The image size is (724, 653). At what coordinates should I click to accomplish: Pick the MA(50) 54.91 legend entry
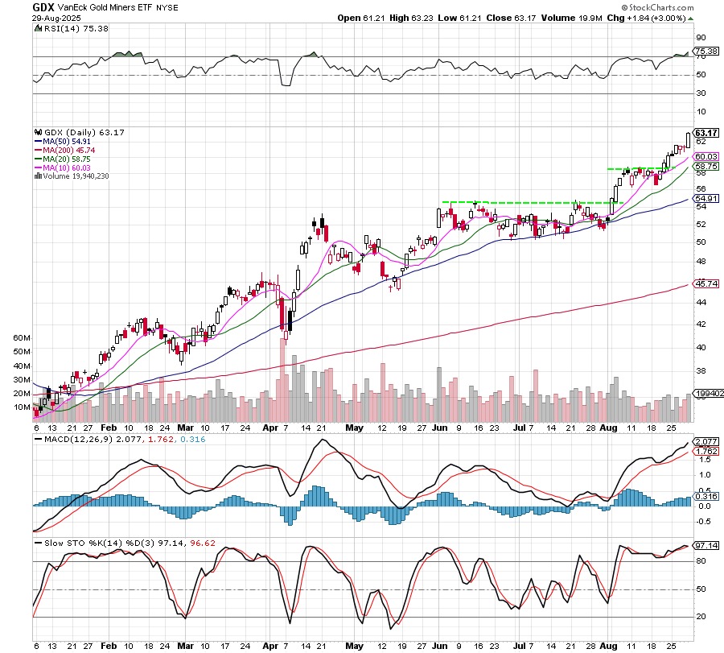pos(64,141)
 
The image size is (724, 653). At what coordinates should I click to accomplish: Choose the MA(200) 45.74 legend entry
pos(66,150)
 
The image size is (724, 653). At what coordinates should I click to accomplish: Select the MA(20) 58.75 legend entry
pos(64,159)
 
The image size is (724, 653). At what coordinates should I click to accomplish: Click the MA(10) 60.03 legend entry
pos(64,167)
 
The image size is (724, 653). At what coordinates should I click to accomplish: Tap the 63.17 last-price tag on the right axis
pos(705,133)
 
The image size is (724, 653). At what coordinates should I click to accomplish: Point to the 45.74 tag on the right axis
pos(705,284)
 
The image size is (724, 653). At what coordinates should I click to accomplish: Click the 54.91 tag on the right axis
pos(705,198)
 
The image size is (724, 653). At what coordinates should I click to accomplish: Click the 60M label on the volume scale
pos(22,339)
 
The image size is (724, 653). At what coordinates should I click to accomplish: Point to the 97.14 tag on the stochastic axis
pos(705,546)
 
